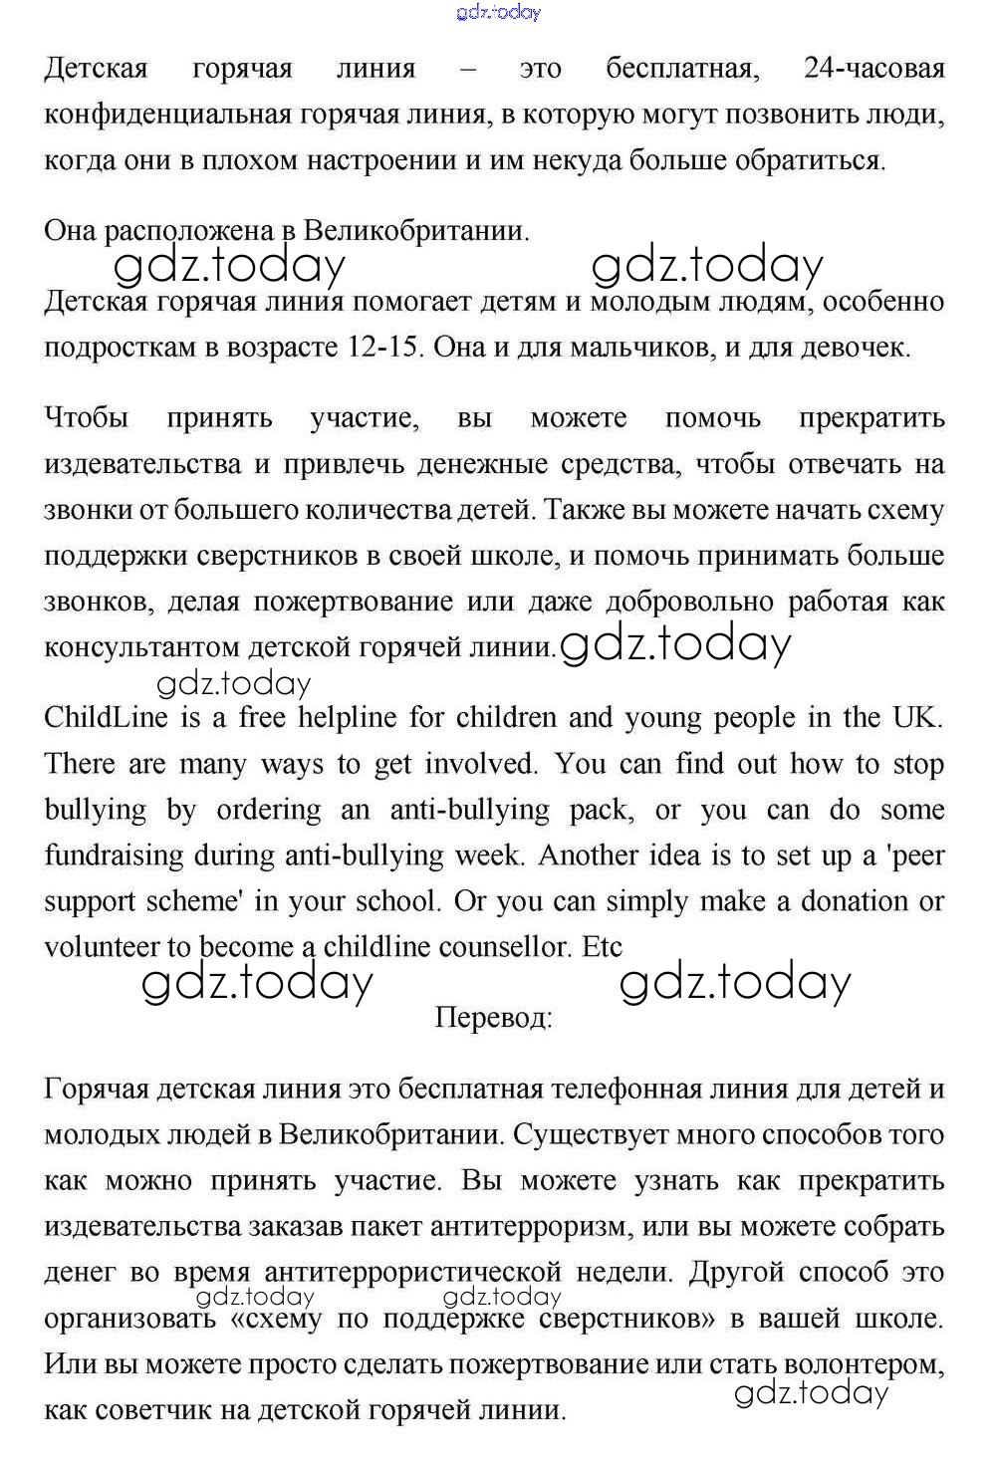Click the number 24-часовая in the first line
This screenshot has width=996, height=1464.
(x=872, y=69)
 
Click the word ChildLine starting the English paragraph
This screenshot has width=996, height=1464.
(x=108, y=717)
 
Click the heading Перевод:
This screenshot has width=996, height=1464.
(x=494, y=1018)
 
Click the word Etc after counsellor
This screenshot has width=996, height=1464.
(x=602, y=946)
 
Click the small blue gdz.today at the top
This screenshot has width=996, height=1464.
(x=498, y=12)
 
